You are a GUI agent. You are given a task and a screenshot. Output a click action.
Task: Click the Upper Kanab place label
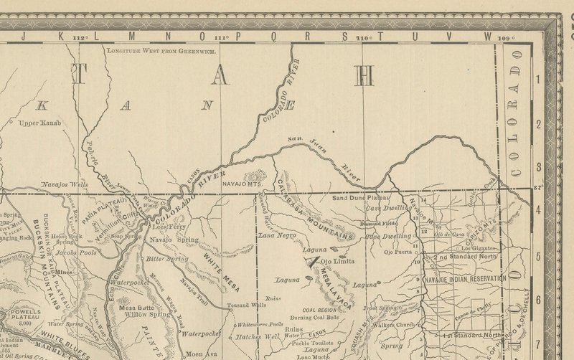pos(39,123)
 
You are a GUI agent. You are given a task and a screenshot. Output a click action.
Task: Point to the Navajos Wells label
pos(65,185)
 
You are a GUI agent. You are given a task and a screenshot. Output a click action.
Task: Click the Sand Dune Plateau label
pos(360,197)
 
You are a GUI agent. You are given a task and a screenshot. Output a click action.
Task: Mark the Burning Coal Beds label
pos(314,317)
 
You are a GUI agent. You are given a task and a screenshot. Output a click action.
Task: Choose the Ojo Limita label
pos(337,262)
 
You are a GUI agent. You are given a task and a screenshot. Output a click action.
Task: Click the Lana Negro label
pos(278,235)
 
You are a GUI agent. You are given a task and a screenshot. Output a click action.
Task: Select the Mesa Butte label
pos(133,307)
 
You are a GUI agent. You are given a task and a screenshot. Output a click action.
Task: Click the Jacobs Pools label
pos(77,253)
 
